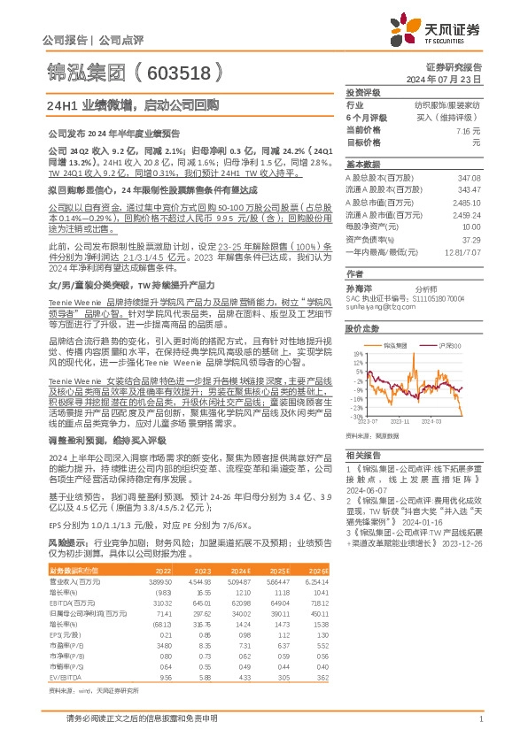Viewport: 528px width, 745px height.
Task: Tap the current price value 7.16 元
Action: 468,129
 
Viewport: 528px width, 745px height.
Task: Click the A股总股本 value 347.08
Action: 468,179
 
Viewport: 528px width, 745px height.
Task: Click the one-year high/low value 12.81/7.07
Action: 460,251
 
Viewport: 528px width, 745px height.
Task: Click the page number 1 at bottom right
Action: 479,720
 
